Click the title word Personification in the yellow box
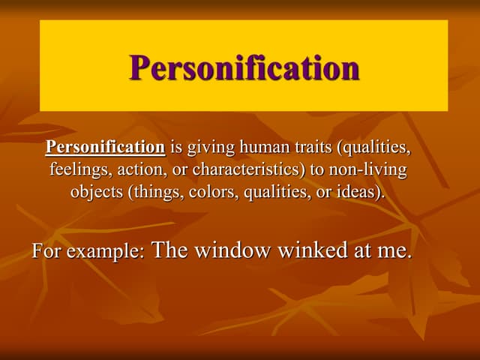(244, 67)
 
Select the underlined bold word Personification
(105, 148)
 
